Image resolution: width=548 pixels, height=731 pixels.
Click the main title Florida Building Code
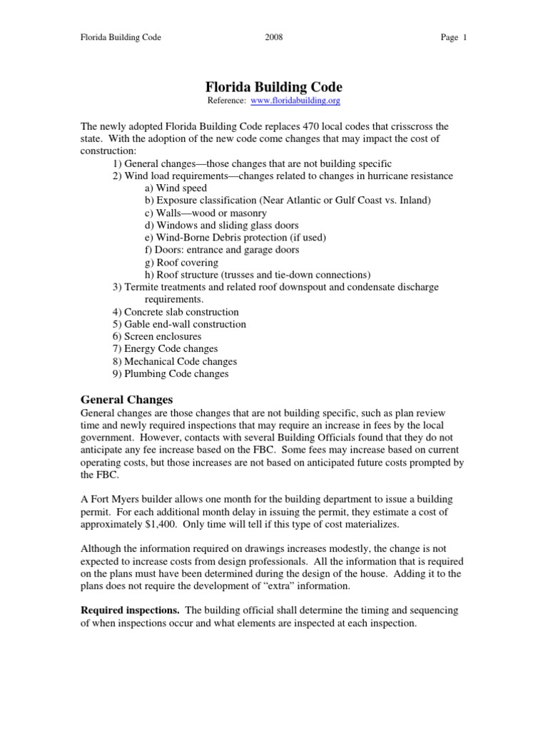[274, 87]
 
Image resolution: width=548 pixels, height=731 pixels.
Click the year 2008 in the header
[273, 38]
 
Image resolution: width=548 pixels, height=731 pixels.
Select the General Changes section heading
[126, 400]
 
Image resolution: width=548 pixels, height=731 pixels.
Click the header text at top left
[120, 38]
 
